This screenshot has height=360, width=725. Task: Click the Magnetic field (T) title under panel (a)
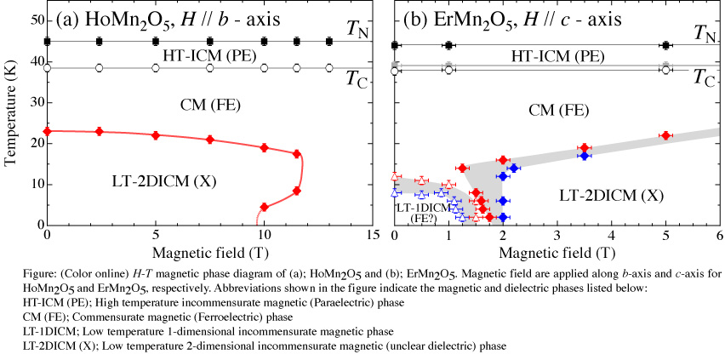coord(209,252)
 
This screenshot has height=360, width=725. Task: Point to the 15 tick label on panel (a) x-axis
coord(371,236)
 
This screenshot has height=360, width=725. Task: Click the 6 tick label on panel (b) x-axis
coord(718,236)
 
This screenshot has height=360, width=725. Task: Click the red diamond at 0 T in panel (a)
coord(48,131)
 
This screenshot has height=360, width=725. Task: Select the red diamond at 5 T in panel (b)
coord(665,135)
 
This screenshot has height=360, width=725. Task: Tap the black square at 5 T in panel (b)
coord(665,45)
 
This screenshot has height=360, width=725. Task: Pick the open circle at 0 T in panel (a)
coord(48,68)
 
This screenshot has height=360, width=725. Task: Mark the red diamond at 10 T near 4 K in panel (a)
coord(265,207)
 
